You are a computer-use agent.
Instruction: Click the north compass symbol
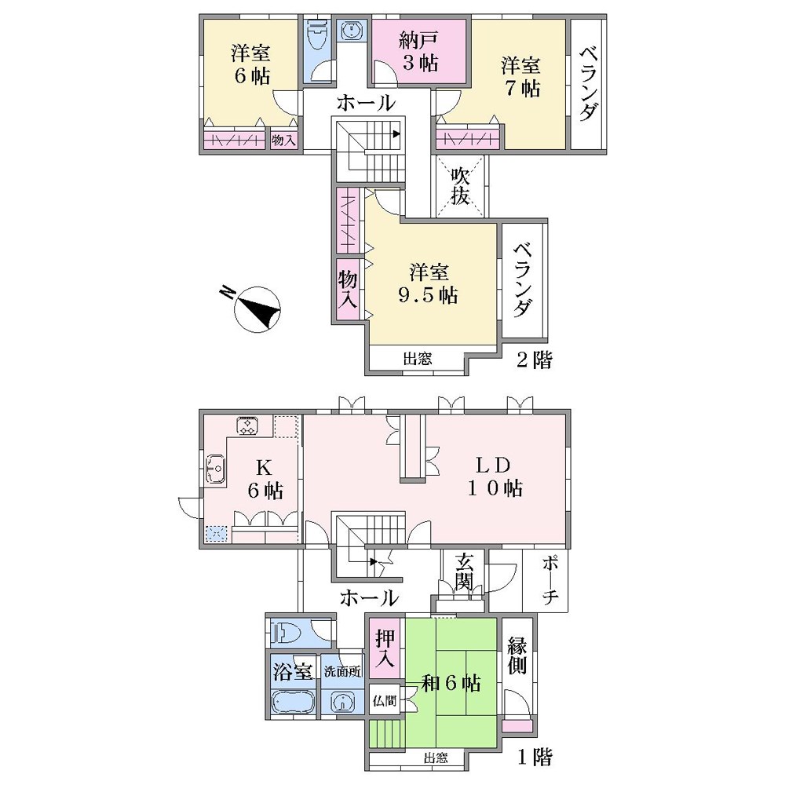pos(257,309)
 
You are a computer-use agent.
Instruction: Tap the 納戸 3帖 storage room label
pos(418,52)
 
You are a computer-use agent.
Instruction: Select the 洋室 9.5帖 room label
pos(429,284)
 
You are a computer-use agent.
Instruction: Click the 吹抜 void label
pos(460,186)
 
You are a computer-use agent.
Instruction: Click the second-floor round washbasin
pos(352,31)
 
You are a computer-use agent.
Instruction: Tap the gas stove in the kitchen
pos(247,425)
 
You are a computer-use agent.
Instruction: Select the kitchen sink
pos(216,469)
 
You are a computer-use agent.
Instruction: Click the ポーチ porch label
pos(550,580)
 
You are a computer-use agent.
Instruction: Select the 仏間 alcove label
pos(385,701)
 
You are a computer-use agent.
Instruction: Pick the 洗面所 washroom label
pos(343,671)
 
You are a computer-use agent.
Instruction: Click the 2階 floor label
pos(534,360)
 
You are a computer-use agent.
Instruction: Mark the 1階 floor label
pos(535,758)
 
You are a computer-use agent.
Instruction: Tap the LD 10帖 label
pos(495,476)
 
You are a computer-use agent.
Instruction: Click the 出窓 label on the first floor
pos(436,758)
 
